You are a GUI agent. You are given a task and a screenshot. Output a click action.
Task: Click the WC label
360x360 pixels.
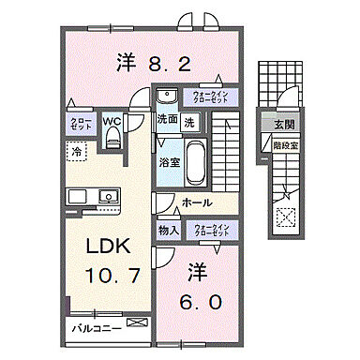111,120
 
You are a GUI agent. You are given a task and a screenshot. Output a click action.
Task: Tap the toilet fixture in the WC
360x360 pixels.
113,139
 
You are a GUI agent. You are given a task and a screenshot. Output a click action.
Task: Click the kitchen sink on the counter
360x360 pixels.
106,197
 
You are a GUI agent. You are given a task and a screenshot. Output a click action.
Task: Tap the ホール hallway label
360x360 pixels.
196,202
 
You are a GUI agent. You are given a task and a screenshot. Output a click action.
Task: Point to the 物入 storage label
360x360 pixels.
168,229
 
